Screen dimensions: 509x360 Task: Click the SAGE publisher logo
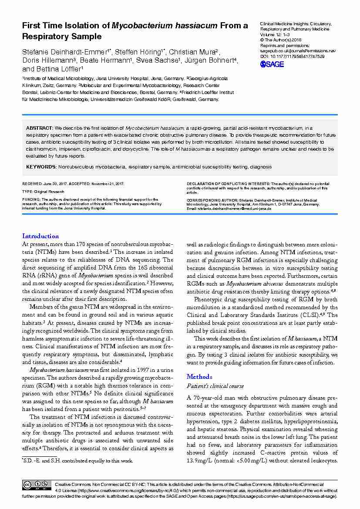tap(272, 64)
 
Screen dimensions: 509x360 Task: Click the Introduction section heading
tap(40, 236)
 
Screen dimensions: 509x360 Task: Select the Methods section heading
tap(199, 377)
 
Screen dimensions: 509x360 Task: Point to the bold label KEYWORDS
tap(41, 167)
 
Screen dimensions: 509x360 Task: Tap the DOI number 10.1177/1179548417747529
tap(297, 56)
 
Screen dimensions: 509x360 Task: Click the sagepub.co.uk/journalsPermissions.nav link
tap(298, 51)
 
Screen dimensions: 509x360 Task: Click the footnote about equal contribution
tap(77, 460)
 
